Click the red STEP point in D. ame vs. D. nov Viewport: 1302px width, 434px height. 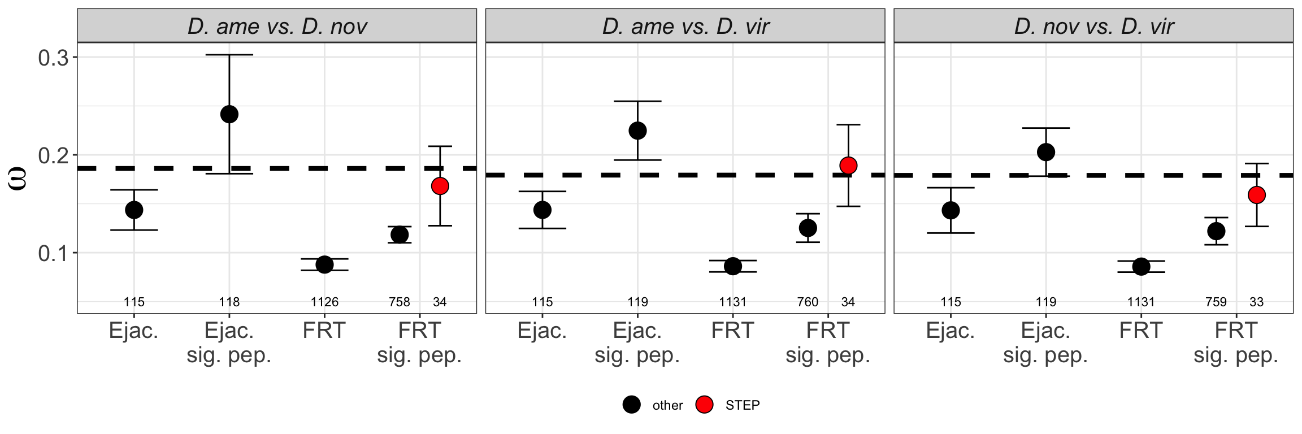(440, 186)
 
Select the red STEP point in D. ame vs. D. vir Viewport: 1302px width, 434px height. (848, 166)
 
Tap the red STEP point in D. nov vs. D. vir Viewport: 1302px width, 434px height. (1256, 195)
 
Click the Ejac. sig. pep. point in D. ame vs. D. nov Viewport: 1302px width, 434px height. (229, 114)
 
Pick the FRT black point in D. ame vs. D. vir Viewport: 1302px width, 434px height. (733, 266)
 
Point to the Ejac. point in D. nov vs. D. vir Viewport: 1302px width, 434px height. (951, 210)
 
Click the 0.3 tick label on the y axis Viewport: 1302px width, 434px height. (53, 58)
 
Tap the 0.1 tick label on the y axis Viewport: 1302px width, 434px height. (53, 253)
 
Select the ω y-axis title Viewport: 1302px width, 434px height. (19, 180)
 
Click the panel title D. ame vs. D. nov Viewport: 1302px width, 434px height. (277, 26)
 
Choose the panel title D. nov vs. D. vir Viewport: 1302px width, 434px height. (1093, 26)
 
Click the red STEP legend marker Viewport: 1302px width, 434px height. (704, 405)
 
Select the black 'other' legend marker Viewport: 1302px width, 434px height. (631, 405)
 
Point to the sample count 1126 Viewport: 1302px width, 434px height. (324, 302)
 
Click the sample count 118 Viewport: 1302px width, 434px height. (229, 302)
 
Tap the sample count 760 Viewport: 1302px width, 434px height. (808, 302)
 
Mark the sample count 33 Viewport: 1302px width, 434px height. (1256, 302)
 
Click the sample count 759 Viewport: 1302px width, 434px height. (1216, 302)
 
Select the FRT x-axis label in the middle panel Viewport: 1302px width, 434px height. (733, 331)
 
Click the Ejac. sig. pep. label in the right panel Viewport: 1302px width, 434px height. (1045, 343)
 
